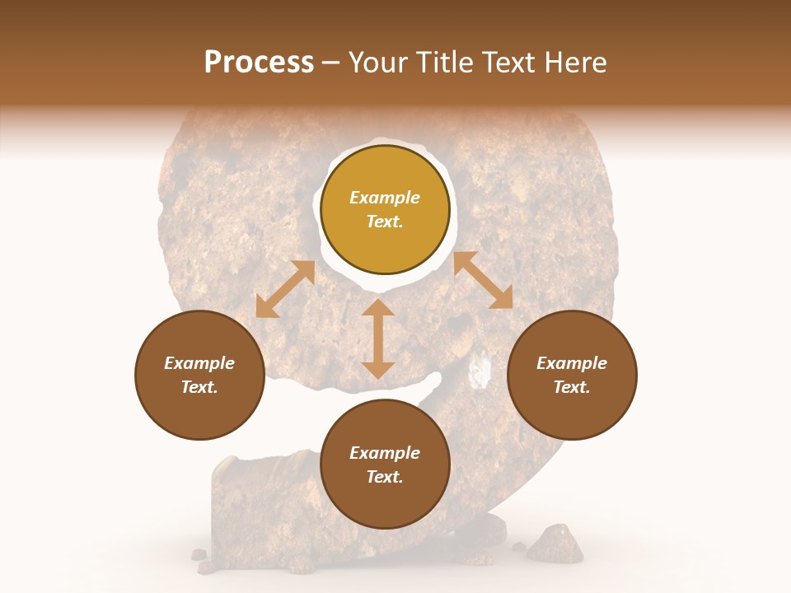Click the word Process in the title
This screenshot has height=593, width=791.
(x=259, y=63)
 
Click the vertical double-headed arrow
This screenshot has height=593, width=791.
(x=378, y=339)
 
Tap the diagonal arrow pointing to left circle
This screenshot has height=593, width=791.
(x=285, y=290)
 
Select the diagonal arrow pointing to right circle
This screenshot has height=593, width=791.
(x=483, y=281)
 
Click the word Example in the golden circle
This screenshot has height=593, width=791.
(x=385, y=198)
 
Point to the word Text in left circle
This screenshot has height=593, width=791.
(x=199, y=387)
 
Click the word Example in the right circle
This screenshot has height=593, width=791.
(x=572, y=363)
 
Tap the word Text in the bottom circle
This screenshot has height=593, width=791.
(x=385, y=477)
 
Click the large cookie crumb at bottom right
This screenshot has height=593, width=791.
(x=554, y=544)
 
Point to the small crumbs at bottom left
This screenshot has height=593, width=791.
(x=200, y=558)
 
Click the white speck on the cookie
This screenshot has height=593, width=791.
(x=477, y=371)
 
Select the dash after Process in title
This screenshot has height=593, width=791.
(x=331, y=63)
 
